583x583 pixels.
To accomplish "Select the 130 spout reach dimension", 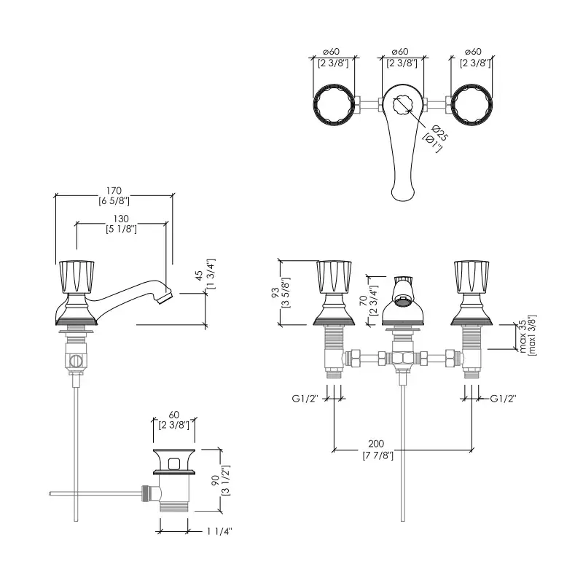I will point(121,219).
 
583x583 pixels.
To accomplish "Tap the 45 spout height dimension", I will point(200,276).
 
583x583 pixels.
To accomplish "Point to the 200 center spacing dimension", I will point(377,444).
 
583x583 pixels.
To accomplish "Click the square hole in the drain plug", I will point(173,463).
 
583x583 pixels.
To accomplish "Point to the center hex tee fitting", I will point(402,359).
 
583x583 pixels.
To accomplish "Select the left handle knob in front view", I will point(333,276).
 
